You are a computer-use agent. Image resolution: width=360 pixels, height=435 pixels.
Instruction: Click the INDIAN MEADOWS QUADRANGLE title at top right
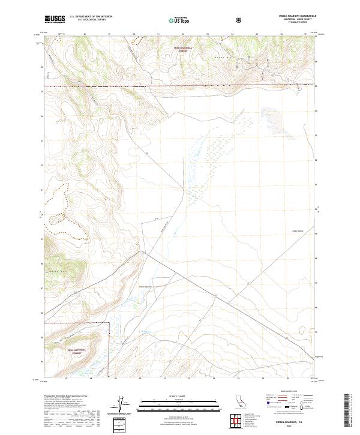[x=298, y=16]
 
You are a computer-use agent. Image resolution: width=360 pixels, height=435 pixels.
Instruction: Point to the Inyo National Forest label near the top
[x=181, y=50]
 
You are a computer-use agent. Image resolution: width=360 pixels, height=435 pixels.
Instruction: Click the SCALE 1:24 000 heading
[x=179, y=395]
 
